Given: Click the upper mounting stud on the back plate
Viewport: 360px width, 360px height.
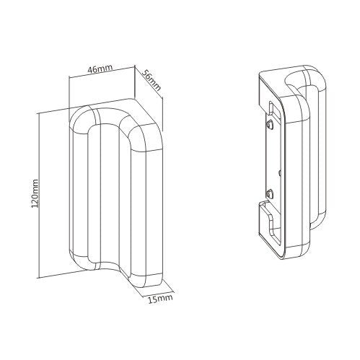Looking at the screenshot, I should (x=269, y=124).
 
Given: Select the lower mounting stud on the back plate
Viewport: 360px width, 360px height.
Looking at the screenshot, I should (x=269, y=193).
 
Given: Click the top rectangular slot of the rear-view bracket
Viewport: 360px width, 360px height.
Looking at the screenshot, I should (x=270, y=106).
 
